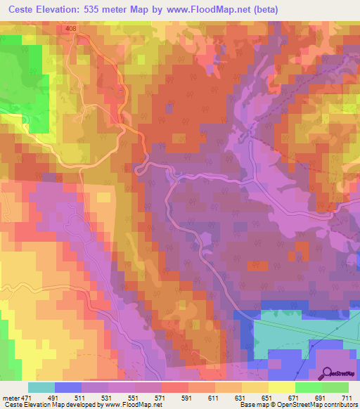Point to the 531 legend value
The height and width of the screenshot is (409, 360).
pyautogui.click(x=108, y=398)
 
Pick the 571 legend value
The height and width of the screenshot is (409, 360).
pyautogui.click(x=161, y=398)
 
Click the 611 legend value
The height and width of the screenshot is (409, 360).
pyautogui.click(x=214, y=398)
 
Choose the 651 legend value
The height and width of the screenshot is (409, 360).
pyautogui.click(x=268, y=398)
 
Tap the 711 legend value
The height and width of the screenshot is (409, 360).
pyautogui.click(x=348, y=398)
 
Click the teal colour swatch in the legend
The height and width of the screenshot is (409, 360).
pyautogui.click(x=41, y=387)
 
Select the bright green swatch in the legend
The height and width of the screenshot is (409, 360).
pyautogui.click(x=308, y=387)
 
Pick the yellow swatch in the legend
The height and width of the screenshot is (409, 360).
pyautogui.click(x=281, y=387)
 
